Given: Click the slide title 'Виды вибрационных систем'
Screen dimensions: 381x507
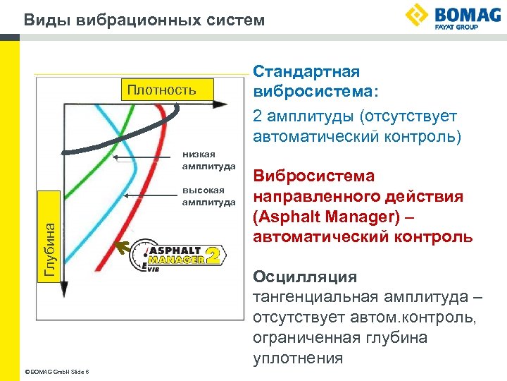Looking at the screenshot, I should pyautogui.click(x=144, y=20).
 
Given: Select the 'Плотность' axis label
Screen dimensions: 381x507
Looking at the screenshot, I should pyautogui.click(x=161, y=90).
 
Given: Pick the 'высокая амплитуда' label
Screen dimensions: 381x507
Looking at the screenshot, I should pyautogui.click(x=208, y=196).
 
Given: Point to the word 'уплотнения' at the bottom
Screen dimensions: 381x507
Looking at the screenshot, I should pyautogui.click(x=298, y=358).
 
